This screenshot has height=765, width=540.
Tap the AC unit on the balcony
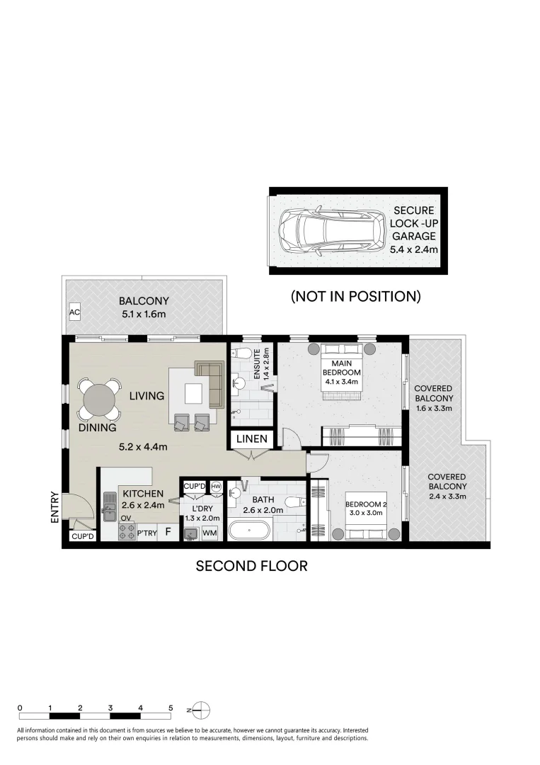(74, 312)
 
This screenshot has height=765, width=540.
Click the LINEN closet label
(252, 439)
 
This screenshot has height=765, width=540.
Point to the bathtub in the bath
(248, 531)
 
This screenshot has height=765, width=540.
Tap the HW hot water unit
(216, 487)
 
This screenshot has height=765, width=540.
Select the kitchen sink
(110, 504)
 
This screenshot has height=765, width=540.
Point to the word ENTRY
(54, 509)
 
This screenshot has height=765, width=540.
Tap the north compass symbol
(201, 709)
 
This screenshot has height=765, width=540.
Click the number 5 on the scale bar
(171, 708)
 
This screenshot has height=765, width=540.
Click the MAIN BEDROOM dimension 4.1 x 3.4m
(341, 382)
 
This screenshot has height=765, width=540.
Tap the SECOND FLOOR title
(251, 566)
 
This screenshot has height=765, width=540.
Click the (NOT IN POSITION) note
(356, 296)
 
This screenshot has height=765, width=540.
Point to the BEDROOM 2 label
(365, 504)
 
